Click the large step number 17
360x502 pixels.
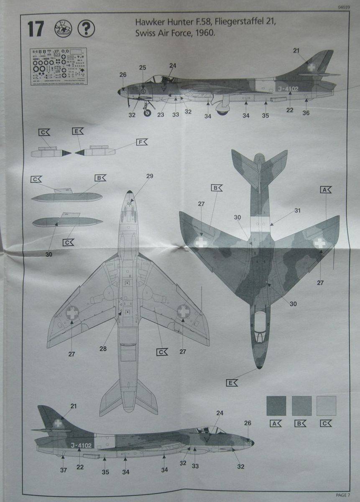click(36, 29)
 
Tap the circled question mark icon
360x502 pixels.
click(87, 28)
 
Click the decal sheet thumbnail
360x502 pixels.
click(58, 67)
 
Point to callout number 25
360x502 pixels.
click(143, 68)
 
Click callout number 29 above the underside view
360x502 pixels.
click(150, 176)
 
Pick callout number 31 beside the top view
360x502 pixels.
click(297, 210)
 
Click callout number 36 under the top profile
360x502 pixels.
click(306, 113)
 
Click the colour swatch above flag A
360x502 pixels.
click(276, 405)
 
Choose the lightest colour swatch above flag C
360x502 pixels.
click(326, 405)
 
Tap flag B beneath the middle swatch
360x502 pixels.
click(301, 423)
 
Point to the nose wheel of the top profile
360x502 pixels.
click(147, 112)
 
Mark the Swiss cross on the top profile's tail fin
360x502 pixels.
click(311, 67)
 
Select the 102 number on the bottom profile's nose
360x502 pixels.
click(248, 443)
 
